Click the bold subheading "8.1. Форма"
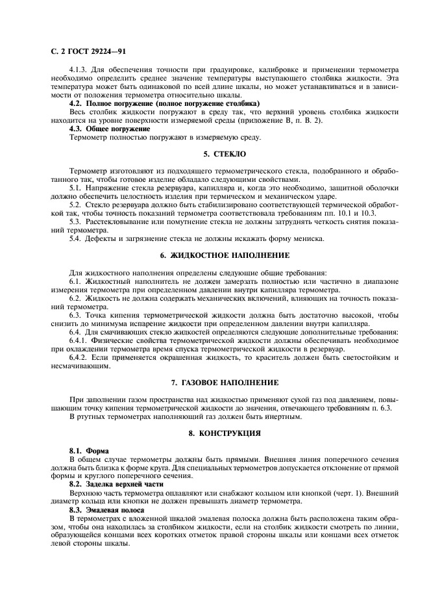coord(90,450)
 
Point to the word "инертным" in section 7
coord(284,416)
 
